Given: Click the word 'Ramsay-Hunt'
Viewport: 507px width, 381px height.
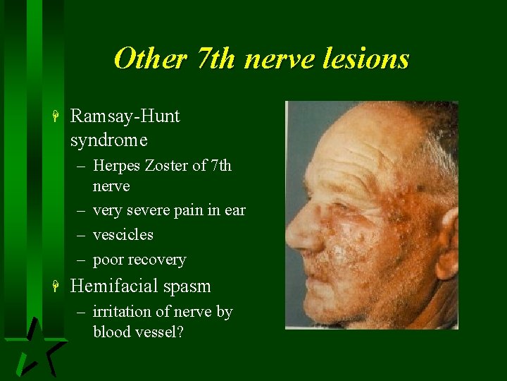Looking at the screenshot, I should click(125, 116).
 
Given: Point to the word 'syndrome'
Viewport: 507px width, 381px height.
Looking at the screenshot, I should click(108, 140).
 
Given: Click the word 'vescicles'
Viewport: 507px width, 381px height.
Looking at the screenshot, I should click(123, 234).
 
